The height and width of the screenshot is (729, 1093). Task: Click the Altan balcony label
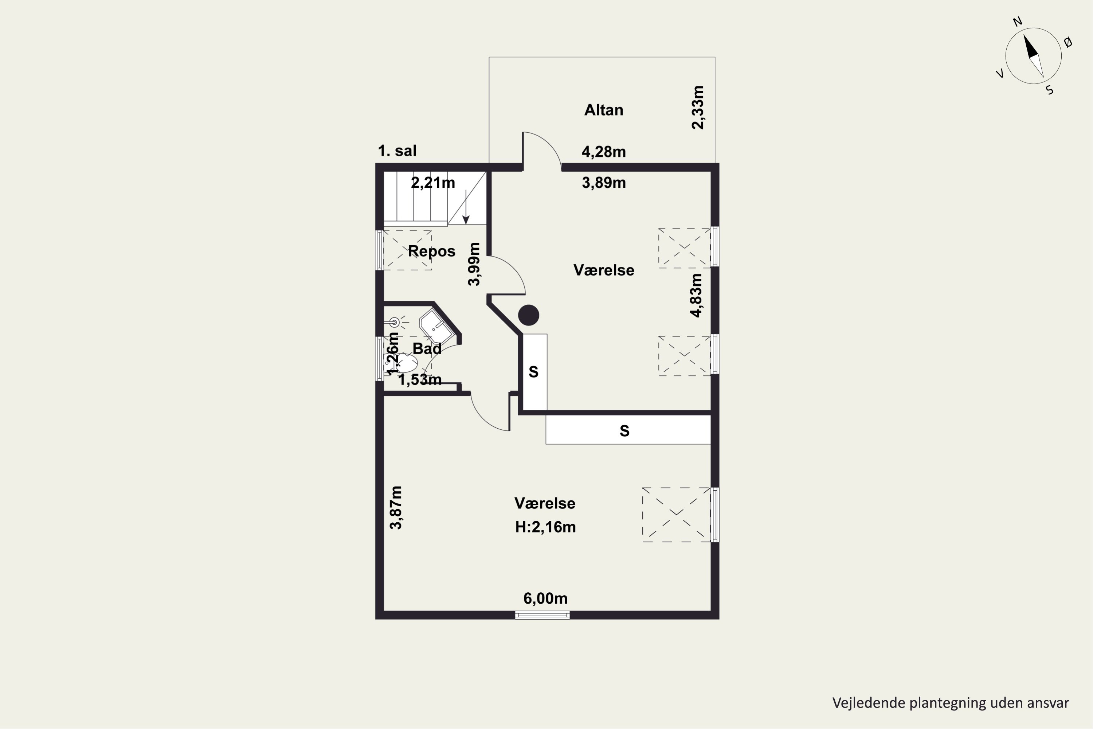[x=604, y=110]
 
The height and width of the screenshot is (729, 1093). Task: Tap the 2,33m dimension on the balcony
[x=698, y=108]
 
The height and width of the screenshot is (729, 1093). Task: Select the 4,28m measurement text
[x=604, y=152]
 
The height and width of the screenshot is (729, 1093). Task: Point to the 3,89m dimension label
[x=604, y=183]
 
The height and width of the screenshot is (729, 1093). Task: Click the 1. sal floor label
[x=397, y=151]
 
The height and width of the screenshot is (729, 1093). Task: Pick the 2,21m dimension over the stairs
[x=433, y=183]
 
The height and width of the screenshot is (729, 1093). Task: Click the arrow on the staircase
[x=466, y=207]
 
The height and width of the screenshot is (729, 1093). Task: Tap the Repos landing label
[x=431, y=251]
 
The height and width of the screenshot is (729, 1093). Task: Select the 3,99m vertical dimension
[x=474, y=264]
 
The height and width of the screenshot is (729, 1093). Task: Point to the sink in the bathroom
[x=436, y=326]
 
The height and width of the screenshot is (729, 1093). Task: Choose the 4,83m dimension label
[x=696, y=295]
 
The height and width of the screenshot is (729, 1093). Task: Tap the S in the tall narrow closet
[x=533, y=372]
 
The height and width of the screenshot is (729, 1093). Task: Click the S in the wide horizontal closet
[x=624, y=431]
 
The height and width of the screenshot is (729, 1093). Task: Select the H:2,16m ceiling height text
[x=545, y=527]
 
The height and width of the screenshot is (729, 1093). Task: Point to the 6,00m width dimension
[x=545, y=599]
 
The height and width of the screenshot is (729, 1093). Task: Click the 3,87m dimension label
[x=396, y=508]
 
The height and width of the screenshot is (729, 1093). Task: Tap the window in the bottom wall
[x=542, y=615]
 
